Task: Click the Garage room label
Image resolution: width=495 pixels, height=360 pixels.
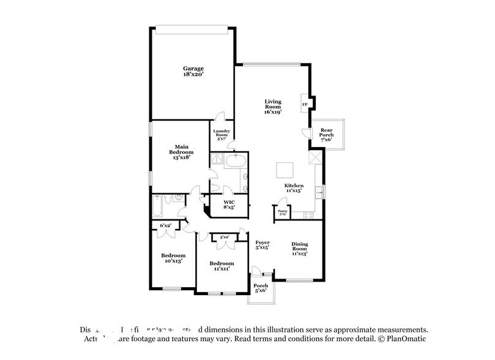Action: tap(193, 71)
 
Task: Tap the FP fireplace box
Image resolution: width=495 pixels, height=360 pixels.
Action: tap(305, 104)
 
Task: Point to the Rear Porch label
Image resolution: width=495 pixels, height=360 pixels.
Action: tap(327, 135)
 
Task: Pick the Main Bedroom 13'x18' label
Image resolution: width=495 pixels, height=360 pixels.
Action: tap(181, 152)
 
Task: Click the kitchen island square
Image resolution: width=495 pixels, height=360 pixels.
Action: tap(284, 170)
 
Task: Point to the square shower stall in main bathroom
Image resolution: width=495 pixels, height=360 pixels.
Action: tap(218, 160)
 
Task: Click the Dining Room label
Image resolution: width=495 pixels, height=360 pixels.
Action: tap(299, 249)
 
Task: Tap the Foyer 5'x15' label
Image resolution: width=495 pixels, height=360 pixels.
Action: tap(262, 245)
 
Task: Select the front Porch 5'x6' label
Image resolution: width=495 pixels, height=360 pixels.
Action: tap(261, 288)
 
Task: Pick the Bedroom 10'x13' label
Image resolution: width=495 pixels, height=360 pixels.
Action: tap(173, 258)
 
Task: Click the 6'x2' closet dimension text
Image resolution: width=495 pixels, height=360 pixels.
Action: tap(166, 226)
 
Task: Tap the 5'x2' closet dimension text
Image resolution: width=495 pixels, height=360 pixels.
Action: tap(225, 236)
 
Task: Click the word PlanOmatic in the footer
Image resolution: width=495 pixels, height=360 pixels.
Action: tap(406, 338)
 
